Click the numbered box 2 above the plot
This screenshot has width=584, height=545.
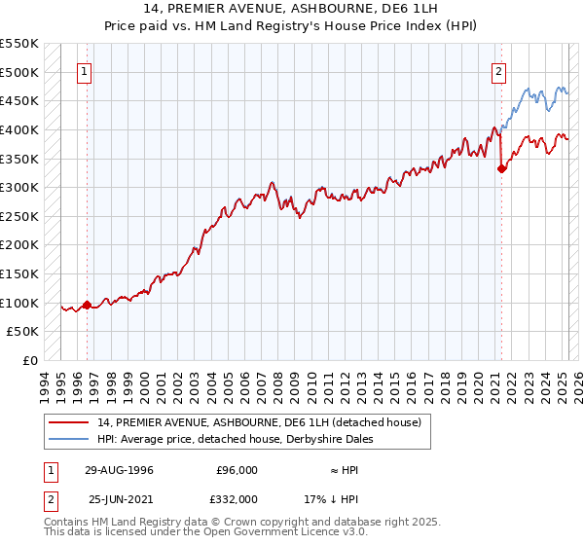(x=498, y=71)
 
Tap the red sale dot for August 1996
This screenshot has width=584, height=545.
(x=87, y=305)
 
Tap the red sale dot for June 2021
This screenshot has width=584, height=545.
(x=501, y=168)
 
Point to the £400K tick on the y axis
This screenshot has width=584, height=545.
(x=20, y=129)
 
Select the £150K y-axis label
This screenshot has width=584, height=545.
(x=20, y=273)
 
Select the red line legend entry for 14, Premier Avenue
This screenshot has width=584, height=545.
(x=259, y=422)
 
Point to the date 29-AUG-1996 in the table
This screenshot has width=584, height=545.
(x=119, y=470)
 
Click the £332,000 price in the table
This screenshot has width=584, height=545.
(x=237, y=498)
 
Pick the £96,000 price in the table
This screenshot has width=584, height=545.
(x=237, y=470)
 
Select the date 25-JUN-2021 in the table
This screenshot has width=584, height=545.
(x=121, y=498)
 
